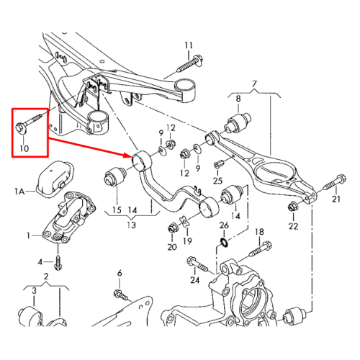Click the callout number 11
point(189,45)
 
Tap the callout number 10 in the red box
point(24,148)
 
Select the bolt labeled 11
point(190,63)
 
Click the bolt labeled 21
point(334,182)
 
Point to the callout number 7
point(254,84)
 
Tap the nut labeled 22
point(293,207)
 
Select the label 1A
point(19,192)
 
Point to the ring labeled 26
point(224,242)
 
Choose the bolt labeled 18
point(260,249)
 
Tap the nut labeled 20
point(172,228)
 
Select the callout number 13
point(132,225)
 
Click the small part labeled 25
point(218,163)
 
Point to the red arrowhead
point(128,156)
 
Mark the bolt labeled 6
point(121,295)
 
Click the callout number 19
point(187,241)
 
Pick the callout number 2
point(46,276)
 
